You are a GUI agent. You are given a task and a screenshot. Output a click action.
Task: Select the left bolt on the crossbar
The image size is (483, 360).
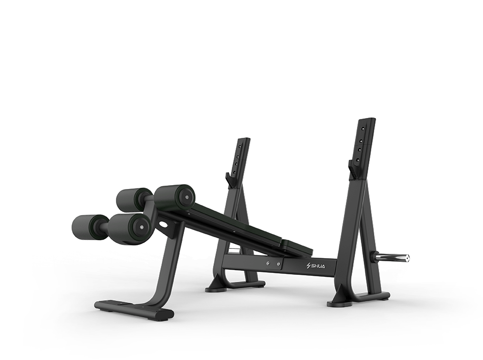269,263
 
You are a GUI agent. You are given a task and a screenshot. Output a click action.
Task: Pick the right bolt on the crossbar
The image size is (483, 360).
279,263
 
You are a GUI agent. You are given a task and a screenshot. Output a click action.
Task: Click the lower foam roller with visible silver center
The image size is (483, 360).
129,228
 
